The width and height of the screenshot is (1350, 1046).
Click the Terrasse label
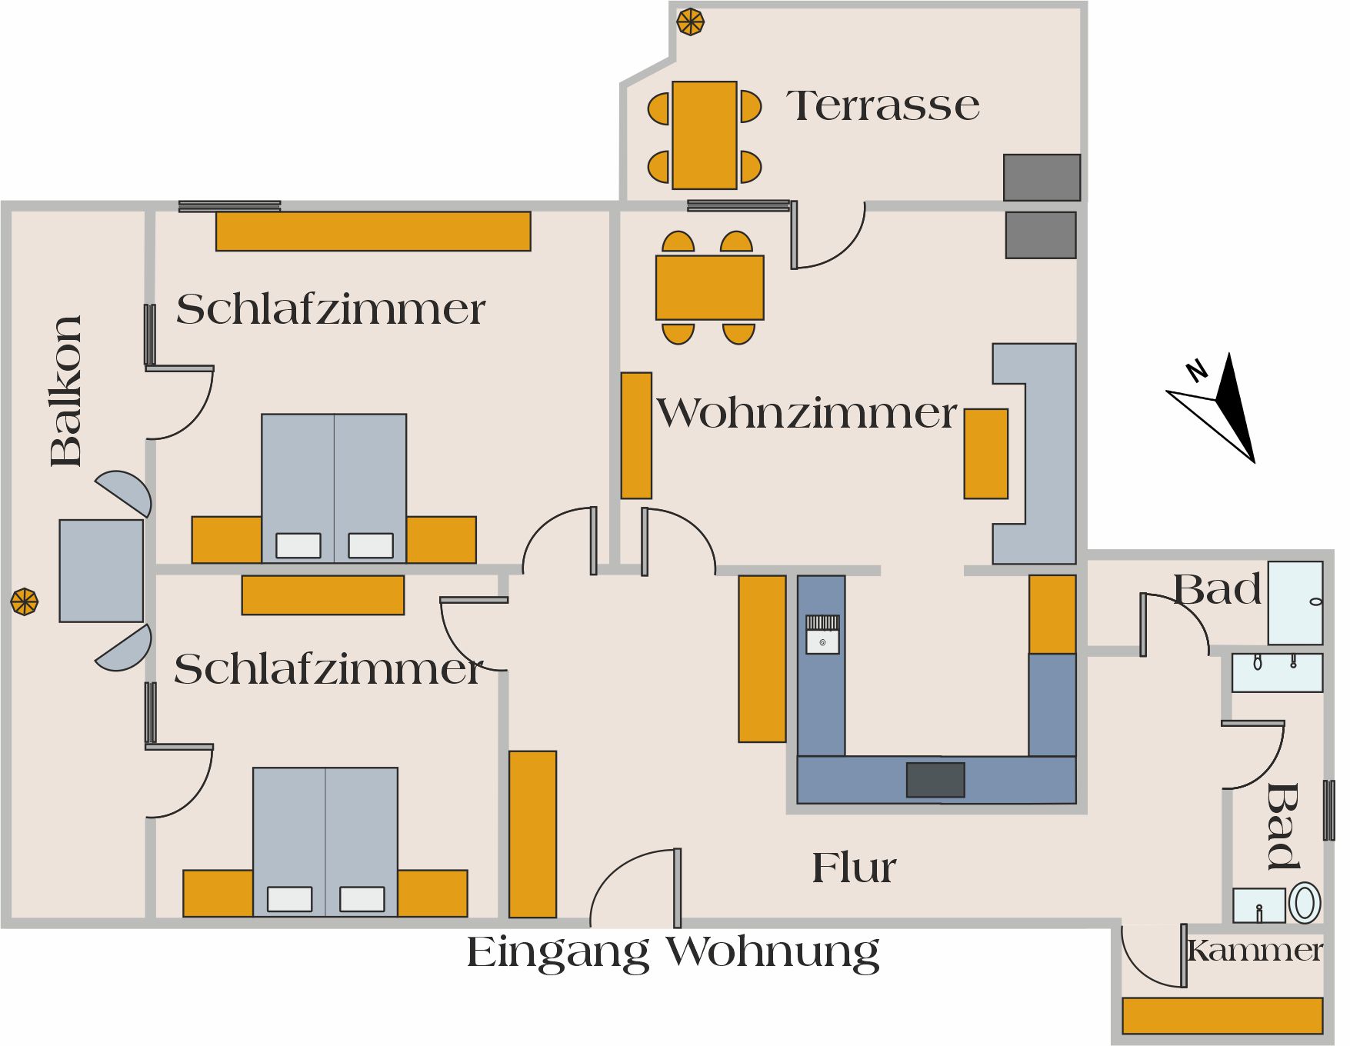pos(883,105)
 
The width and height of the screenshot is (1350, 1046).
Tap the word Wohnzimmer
pos(806,413)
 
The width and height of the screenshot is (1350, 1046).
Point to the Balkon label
pos(66,391)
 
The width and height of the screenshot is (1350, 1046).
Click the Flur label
pos(854,868)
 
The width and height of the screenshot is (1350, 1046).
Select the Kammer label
pos(1255,951)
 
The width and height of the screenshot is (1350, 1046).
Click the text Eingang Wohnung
pos(673,953)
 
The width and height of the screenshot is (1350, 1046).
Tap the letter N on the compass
pos(1197,371)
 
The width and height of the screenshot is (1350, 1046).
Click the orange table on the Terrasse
pos(705,135)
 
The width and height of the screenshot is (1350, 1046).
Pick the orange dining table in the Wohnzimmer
pos(710,288)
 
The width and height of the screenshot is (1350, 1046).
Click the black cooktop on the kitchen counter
pos(935,780)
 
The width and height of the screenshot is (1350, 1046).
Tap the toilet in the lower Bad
pos(1305,904)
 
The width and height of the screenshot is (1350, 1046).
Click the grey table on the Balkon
pos(102,571)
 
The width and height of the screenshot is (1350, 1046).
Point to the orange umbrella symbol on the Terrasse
pos(691,22)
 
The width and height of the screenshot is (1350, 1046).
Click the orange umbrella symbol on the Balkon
pos(25,601)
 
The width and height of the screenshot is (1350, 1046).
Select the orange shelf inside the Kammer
pos(1222,1015)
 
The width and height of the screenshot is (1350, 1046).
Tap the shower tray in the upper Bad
pos(1295,603)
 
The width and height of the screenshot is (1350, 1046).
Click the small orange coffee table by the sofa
pos(986,454)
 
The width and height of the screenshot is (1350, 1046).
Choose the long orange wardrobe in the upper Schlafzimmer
pos(373,231)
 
